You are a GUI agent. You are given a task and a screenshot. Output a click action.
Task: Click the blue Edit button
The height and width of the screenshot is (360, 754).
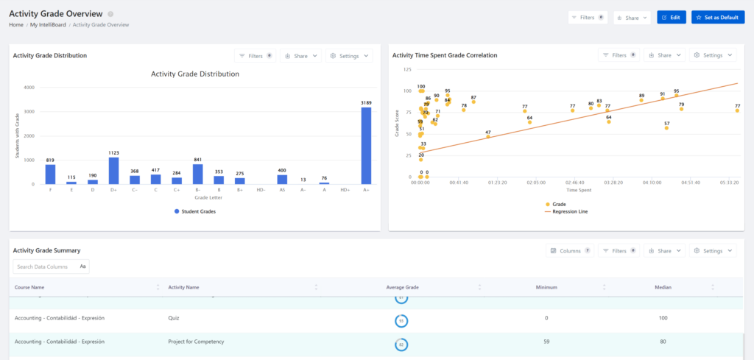pyautogui.click(x=672, y=17)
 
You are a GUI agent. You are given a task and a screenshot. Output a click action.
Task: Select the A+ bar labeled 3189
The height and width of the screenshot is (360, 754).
pyautogui.click(x=366, y=146)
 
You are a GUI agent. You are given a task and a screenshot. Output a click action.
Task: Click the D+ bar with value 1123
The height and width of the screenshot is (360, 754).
pyautogui.click(x=113, y=171)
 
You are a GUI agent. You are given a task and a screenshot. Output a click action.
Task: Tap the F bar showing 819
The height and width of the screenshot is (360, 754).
pyautogui.click(x=50, y=174)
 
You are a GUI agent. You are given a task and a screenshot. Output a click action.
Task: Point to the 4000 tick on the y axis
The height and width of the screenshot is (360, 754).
pyautogui.click(x=29, y=88)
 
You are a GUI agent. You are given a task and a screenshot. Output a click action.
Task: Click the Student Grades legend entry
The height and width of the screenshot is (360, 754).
pyautogui.click(x=198, y=211)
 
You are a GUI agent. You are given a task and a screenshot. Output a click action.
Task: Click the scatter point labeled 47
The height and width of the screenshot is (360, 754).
pyautogui.click(x=487, y=137)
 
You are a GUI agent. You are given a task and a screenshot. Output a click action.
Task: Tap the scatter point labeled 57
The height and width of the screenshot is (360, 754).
pyautogui.click(x=666, y=128)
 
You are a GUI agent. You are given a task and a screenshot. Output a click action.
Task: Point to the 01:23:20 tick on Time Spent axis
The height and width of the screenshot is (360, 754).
pyautogui.click(x=497, y=182)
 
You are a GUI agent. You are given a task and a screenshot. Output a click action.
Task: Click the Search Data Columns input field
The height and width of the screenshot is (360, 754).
pyautogui.click(x=46, y=267)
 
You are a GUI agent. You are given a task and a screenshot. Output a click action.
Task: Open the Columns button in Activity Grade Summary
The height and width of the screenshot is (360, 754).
pyautogui.click(x=570, y=251)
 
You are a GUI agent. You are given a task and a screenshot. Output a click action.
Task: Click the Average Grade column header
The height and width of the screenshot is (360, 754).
pyautogui.click(x=403, y=287)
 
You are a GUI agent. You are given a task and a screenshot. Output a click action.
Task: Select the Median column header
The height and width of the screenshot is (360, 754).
pyautogui.click(x=663, y=287)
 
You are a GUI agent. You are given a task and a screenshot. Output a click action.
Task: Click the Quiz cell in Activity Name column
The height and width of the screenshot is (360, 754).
pyautogui.click(x=175, y=318)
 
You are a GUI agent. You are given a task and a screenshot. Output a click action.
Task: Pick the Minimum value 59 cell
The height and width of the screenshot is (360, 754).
pyautogui.click(x=546, y=342)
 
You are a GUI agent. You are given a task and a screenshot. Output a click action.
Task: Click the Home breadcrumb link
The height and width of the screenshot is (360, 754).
pyautogui.click(x=16, y=25)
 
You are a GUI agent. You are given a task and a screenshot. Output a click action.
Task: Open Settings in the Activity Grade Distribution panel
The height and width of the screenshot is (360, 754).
pyautogui.click(x=349, y=55)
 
